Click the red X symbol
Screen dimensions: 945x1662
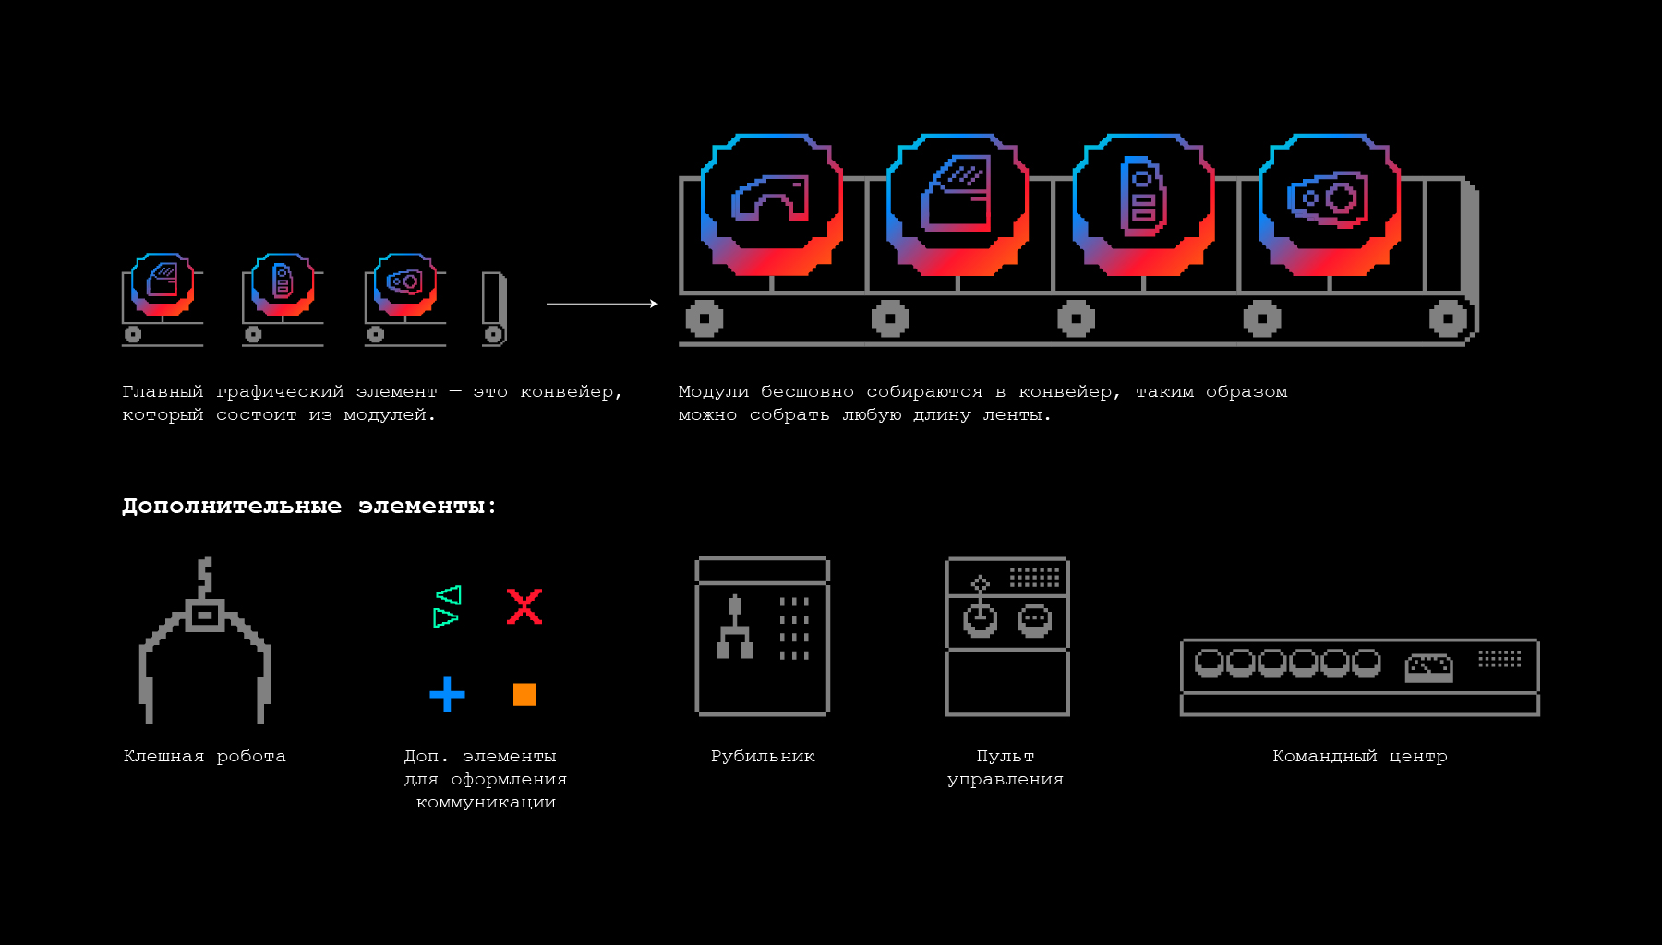point(524,606)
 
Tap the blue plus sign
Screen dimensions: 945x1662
point(447,694)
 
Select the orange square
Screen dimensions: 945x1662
point(524,694)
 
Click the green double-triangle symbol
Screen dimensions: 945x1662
point(447,606)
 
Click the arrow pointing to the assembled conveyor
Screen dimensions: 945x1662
point(602,304)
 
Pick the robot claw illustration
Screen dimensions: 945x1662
point(204,640)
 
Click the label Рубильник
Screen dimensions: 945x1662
point(763,757)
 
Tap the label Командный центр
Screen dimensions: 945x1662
point(1359,757)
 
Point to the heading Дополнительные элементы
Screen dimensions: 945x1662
point(308,506)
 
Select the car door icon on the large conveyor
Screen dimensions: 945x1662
point(957,194)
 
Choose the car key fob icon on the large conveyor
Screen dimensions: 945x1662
point(1143,196)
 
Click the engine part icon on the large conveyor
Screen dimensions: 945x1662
point(1329,197)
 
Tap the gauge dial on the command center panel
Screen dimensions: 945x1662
point(1428,667)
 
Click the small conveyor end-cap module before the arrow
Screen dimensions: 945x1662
point(494,309)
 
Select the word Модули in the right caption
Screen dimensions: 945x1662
point(713,392)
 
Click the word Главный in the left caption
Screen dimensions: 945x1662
point(163,392)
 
